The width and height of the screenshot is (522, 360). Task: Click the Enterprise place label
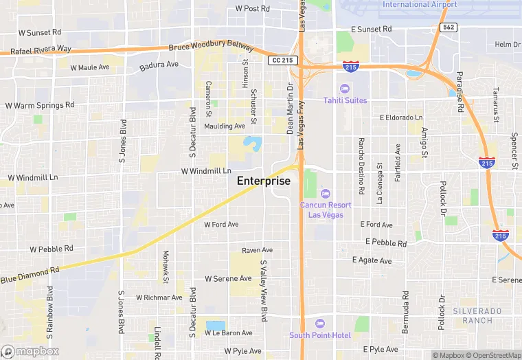[x=264, y=181]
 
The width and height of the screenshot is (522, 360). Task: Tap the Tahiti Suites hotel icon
[x=345, y=89]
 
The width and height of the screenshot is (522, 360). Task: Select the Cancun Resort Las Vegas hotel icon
[x=326, y=194]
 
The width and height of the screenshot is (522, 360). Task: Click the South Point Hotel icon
[x=319, y=324]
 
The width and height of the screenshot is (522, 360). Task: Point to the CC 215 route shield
[x=282, y=60]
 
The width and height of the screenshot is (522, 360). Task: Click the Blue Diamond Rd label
[x=30, y=273]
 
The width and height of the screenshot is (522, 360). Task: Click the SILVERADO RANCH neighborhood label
[x=473, y=316]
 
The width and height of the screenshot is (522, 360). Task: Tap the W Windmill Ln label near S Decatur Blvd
[x=206, y=170]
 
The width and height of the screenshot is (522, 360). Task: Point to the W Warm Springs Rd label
[x=40, y=106]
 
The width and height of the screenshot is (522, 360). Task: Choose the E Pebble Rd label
[x=386, y=243]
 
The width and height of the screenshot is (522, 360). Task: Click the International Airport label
[x=420, y=4]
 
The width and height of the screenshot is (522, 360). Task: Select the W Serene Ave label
[x=229, y=279]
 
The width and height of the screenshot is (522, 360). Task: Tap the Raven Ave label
[x=258, y=250]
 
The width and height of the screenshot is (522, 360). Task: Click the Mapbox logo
[x=30, y=351]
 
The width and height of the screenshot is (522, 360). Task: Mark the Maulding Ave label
[x=225, y=126]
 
